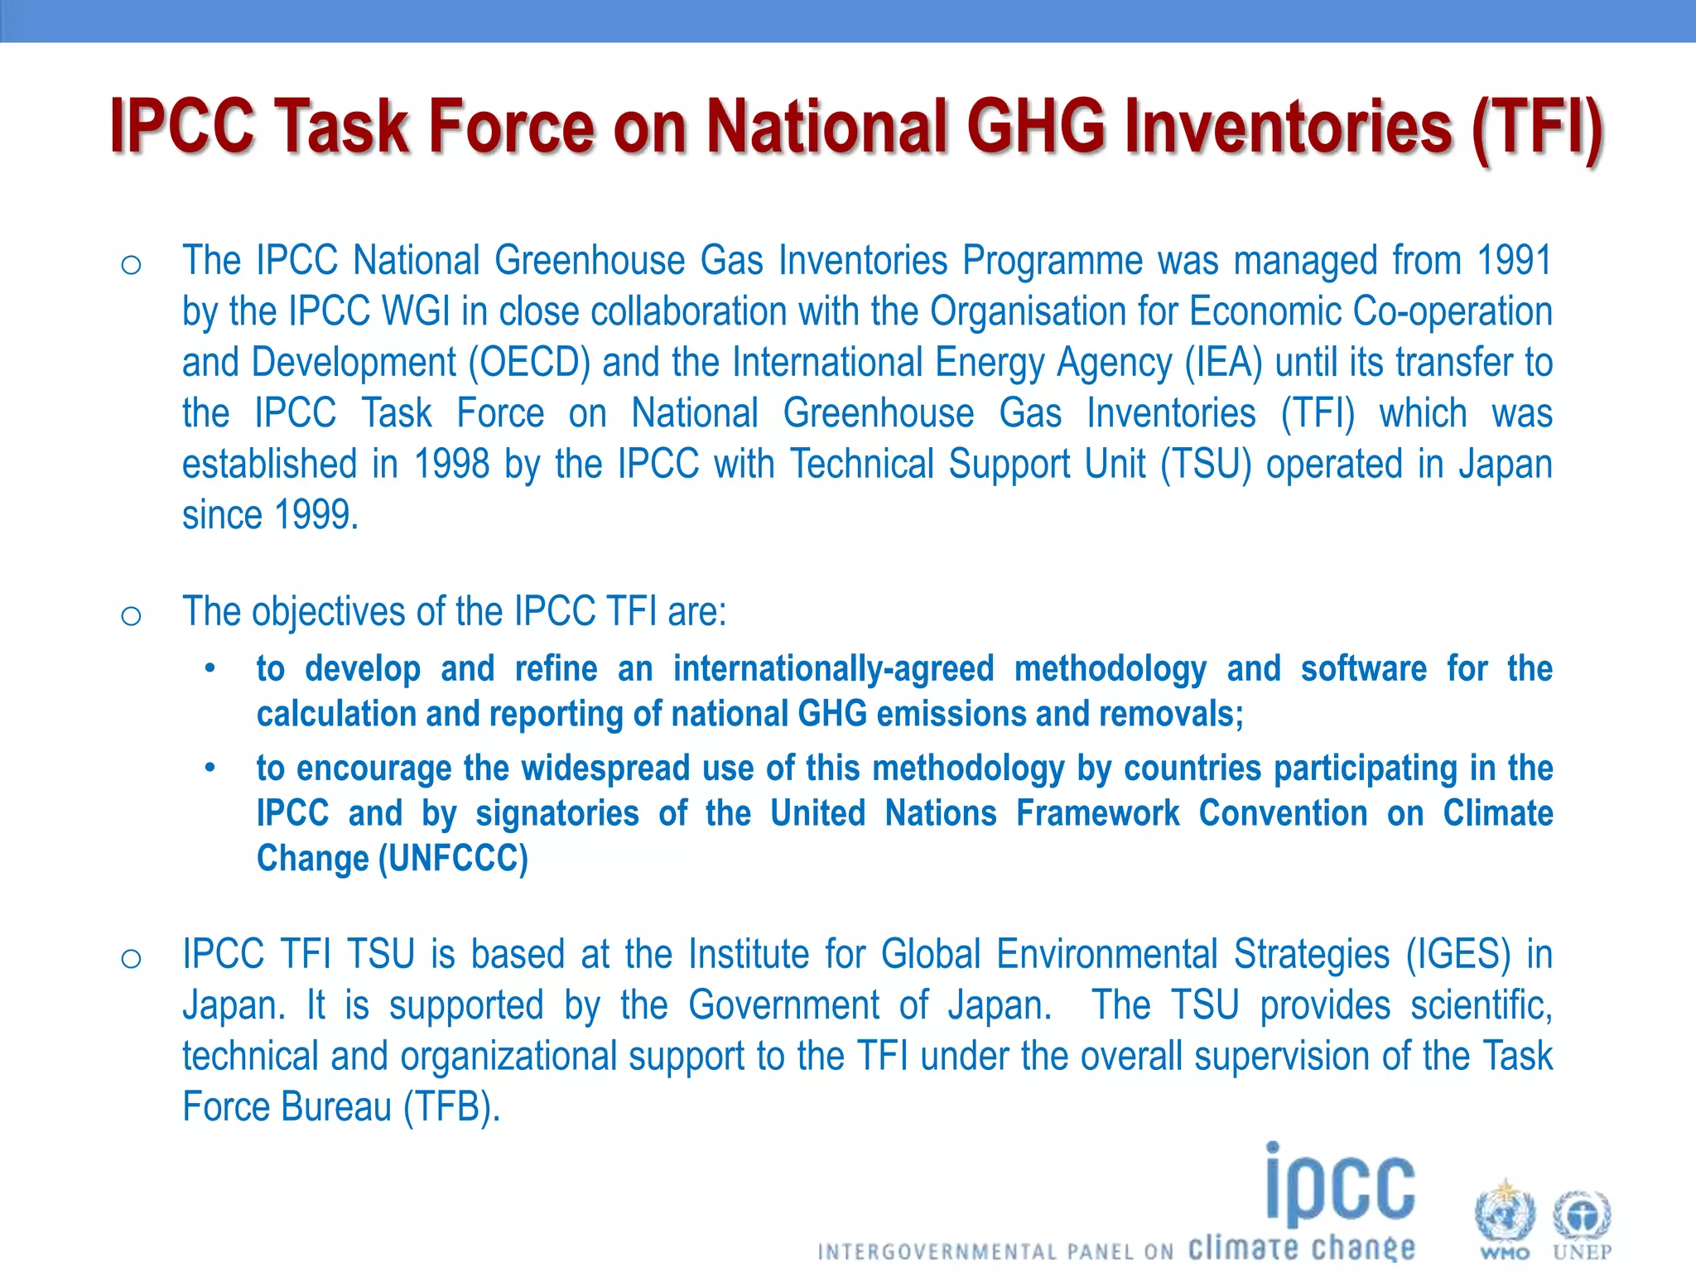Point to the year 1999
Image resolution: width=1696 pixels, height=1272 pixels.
coord(316,515)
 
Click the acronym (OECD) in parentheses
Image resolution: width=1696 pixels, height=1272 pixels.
coord(529,363)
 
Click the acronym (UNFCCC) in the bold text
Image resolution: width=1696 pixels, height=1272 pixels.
coord(453,859)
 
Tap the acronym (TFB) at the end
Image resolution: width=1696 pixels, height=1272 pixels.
coord(452,1107)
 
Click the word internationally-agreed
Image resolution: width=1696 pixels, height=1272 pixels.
coord(833,669)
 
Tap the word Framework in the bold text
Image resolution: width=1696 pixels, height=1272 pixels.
coord(1098,813)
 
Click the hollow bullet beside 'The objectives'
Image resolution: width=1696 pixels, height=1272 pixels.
coord(131,615)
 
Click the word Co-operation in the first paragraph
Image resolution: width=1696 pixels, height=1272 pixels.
coord(1453,312)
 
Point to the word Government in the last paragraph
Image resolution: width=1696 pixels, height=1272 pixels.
coord(783,1005)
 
